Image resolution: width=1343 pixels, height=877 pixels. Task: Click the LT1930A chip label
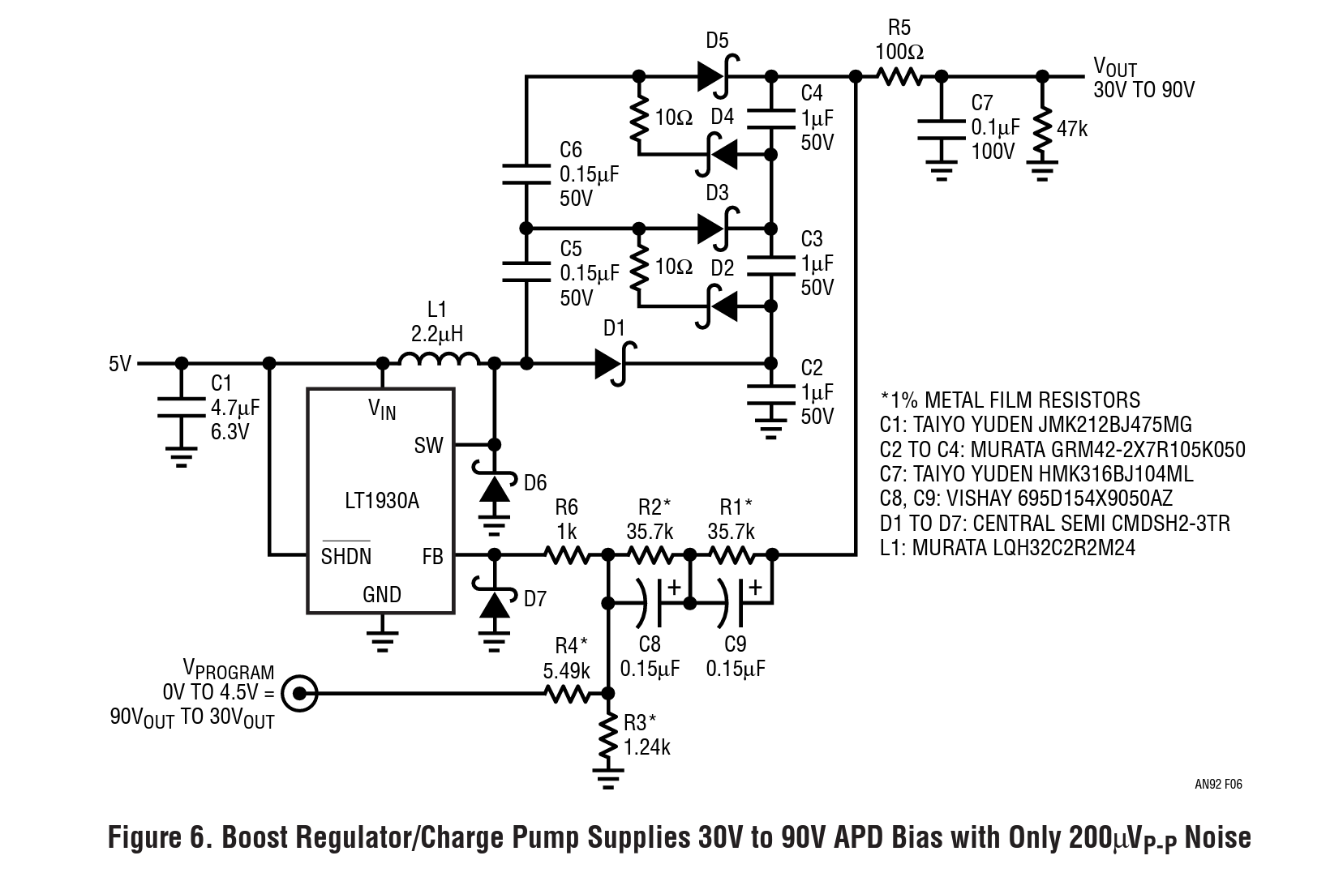(x=381, y=501)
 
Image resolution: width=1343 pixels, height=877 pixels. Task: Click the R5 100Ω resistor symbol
(x=899, y=77)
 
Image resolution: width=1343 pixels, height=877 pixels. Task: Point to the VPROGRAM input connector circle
(x=299, y=694)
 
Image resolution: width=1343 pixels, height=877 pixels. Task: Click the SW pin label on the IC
(x=429, y=446)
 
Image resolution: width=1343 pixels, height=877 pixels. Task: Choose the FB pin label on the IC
(x=432, y=557)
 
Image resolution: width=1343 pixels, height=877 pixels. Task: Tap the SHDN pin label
(x=346, y=555)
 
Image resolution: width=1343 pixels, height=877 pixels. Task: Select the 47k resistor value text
(x=1072, y=129)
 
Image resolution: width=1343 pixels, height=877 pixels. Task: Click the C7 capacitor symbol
(x=942, y=129)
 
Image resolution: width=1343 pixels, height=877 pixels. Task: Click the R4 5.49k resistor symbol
(x=567, y=694)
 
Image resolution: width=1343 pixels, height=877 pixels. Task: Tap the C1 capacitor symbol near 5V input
(x=181, y=407)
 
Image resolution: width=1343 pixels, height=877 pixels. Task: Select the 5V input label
(x=120, y=364)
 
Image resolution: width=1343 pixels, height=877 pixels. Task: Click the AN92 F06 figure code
(x=1218, y=784)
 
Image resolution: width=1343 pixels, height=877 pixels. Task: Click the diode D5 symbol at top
(x=719, y=77)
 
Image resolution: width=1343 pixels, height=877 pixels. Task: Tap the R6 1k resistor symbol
(x=567, y=555)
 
